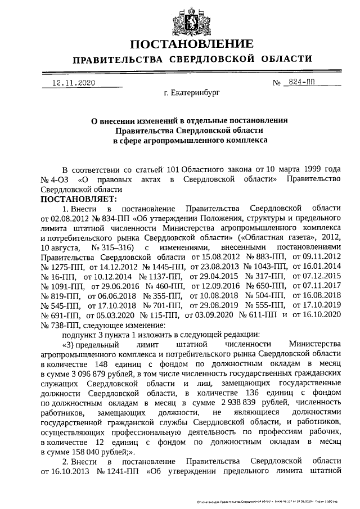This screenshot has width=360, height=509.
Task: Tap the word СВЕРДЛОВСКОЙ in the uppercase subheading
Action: click(213, 59)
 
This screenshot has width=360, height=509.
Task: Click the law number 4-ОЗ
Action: click(62, 179)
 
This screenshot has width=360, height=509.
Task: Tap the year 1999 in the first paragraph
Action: click(314, 169)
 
